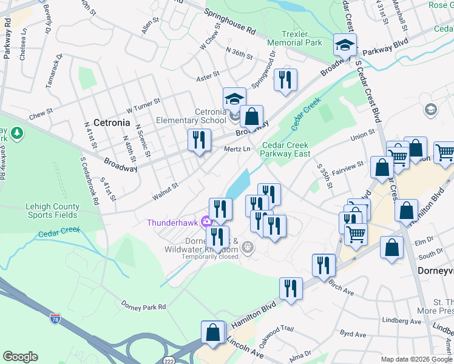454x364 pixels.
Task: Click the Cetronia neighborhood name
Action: click(x=111, y=123)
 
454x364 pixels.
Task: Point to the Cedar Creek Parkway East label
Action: click(x=285, y=149)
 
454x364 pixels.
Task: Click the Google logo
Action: click(x=20, y=357)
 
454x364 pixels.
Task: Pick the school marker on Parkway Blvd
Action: click(x=345, y=45)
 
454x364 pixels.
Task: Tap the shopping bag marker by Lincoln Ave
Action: click(x=212, y=333)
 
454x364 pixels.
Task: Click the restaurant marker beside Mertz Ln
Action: click(x=199, y=141)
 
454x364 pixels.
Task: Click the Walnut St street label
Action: click(x=165, y=190)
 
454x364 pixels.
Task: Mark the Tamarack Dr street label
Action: click(x=53, y=72)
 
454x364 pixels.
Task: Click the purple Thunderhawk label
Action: click(x=172, y=222)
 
